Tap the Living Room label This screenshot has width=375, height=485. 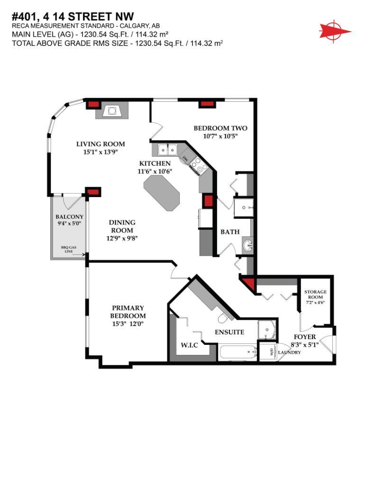[x=101, y=144]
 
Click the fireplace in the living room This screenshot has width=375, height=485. [x=111, y=111]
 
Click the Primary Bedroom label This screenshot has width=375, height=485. [x=128, y=312]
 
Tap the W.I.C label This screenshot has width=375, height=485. [x=189, y=345]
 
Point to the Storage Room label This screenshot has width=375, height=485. [x=315, y=295]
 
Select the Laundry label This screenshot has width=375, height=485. [x=289, y=352]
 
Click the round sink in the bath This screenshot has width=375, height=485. [x=248, y=245]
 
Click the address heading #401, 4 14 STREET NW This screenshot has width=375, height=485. [x=72, y=17]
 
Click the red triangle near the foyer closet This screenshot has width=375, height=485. [x=248, y=284]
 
